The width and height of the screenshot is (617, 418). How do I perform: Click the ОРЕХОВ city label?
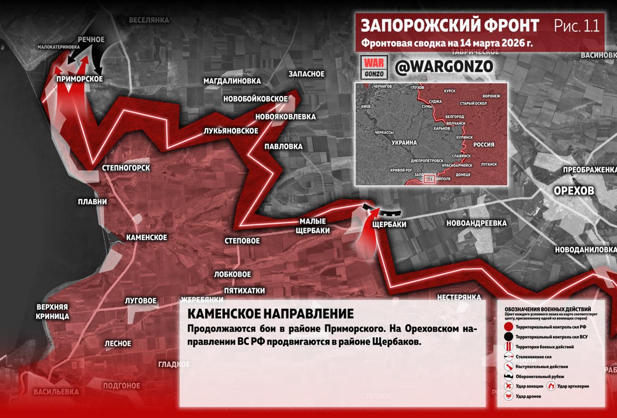574,191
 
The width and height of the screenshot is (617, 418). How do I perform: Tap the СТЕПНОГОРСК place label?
126,168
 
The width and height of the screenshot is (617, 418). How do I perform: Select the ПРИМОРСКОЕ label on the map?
80,79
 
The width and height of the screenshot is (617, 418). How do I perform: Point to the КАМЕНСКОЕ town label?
147,237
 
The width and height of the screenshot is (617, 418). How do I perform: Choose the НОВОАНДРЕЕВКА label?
476,223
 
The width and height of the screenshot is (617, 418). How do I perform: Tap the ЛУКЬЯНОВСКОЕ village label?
231,131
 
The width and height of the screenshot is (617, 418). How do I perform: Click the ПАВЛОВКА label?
283,147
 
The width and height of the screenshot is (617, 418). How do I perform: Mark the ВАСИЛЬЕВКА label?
56,391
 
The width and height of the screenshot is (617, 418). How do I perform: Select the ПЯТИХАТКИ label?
244,291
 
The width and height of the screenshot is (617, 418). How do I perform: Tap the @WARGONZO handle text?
443,67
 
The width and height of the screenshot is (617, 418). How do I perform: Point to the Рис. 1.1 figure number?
576,26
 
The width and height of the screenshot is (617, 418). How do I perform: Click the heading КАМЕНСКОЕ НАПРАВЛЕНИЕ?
270,314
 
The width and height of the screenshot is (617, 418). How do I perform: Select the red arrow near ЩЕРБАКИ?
367,231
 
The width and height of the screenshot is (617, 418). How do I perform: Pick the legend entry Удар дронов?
528,396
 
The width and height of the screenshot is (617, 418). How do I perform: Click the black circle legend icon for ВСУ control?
508,337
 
